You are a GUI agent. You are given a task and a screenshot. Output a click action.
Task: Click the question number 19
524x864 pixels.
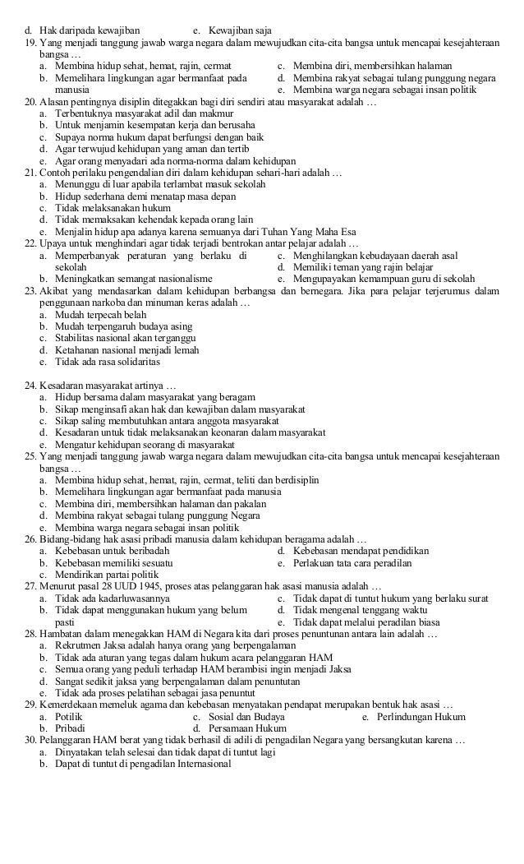point(30,41)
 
